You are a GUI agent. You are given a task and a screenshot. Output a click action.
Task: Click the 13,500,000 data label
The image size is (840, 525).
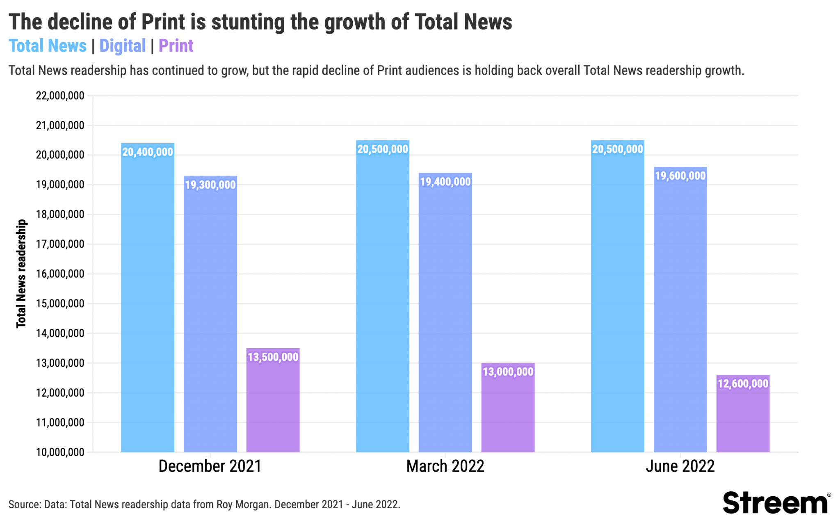pos(273,357)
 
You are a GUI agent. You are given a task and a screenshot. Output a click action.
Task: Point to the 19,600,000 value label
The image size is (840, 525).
pos(680,176)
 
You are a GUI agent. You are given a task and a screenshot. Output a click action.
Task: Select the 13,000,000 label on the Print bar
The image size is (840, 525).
pos(508,372)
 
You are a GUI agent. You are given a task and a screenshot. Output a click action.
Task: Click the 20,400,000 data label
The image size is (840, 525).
pos(148,152)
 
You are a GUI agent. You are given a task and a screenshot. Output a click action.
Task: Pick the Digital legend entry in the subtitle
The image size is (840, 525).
pos(122,46)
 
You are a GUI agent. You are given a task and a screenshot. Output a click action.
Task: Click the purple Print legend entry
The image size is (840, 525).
pos(176,46)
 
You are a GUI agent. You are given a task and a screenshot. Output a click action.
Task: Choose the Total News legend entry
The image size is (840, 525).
pos(48,46)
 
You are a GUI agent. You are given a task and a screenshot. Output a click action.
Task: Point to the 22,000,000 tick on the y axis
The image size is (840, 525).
pos(60,96)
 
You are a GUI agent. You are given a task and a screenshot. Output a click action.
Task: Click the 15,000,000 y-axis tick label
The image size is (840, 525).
pos(60,304)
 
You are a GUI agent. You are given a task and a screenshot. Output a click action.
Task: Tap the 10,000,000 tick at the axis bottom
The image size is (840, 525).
pos(60,452)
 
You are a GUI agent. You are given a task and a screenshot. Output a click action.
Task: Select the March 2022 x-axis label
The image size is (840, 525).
pos(445,466)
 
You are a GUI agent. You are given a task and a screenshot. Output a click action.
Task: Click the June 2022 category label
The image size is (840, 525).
pos(680,466)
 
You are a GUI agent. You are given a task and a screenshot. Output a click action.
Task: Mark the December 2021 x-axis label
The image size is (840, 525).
pos(210,466)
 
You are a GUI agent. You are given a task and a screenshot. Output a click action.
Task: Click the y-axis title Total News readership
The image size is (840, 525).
pos(21,274)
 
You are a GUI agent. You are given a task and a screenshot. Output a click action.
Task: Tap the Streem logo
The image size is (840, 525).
pos(775,503)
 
